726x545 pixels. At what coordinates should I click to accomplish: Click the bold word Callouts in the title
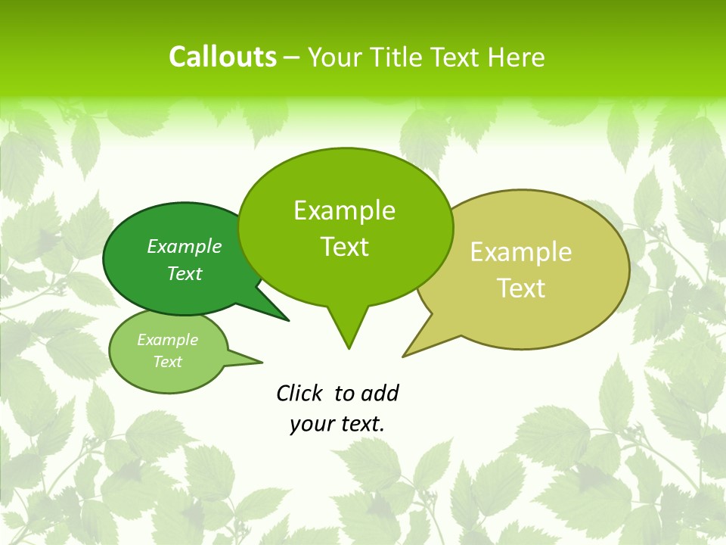click(x=222, y=57)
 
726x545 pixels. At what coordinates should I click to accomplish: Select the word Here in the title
click(x=517, y=58)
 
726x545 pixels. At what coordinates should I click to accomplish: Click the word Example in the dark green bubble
click(x=184, y=246)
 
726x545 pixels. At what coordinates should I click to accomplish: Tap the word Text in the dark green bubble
click(x=184, y=273)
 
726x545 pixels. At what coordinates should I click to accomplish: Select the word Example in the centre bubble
click(x=344, y=210)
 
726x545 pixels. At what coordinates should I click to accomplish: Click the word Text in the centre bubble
click(x=344, y=247)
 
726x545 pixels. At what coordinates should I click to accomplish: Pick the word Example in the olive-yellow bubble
click(x=521, y=252)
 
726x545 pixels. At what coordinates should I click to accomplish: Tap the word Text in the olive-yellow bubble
click(x=521, y=288)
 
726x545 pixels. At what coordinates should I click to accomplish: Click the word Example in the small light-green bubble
click(x=167, y=340)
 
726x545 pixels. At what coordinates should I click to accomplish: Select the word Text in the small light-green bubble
click(x=167, y=362)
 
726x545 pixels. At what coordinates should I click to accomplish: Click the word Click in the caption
click(x=299, y=393)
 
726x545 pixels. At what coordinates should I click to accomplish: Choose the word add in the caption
click(x=380, y=393)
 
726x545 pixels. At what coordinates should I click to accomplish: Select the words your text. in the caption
click(x=337, y=424)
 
